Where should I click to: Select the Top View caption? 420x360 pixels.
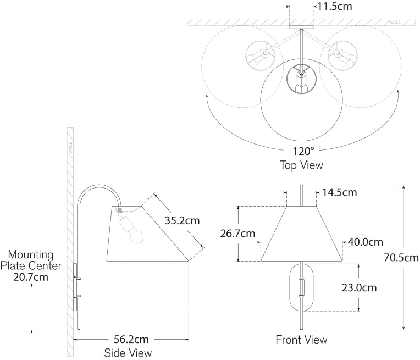[301, 165]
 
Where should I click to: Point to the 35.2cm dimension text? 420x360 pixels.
[182, 220]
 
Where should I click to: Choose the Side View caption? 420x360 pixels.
[128, 353]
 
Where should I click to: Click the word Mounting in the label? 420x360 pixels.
[31, 255]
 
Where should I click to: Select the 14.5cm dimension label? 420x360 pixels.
[340, 192]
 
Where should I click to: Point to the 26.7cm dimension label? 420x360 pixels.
[238, 234]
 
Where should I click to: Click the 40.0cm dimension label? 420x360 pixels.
[364, 242]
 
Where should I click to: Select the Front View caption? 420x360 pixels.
[301, 340]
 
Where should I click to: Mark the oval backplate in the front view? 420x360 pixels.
[301, 287]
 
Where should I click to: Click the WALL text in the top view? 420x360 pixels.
[395, 23]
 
